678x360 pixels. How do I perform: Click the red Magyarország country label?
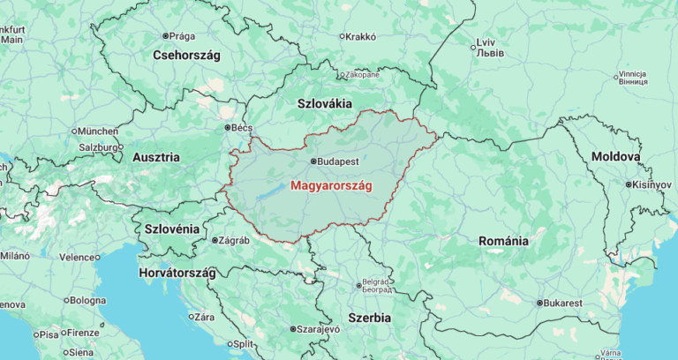pyautogui.click(x=331, y=186)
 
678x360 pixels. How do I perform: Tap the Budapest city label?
pyautogui.click(x=338, y=162)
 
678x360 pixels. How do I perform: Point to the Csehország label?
pyautogui.click(x=186, y=55)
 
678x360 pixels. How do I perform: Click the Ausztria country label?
pyautogui.click(x=155, y=157)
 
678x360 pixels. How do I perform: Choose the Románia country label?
pyautogui.click(x=503, y=240)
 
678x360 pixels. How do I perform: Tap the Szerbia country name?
pyautogui.click(x=370, y=317)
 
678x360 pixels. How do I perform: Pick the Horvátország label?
pyautogui.click(x=177, y=273)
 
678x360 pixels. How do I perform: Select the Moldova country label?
pyautogui.click(x=615, y=156)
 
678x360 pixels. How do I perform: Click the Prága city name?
pyautogui.click(x=182, y=36)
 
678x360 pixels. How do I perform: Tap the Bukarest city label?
pyautogui.click(x=563, y=303)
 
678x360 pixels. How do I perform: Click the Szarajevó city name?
pyautogui.click(x=318, y=329)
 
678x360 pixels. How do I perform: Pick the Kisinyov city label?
pyautogui.click(x=652, y=185)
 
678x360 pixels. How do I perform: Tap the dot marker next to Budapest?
pyautogui.click(x=312, y=161)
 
